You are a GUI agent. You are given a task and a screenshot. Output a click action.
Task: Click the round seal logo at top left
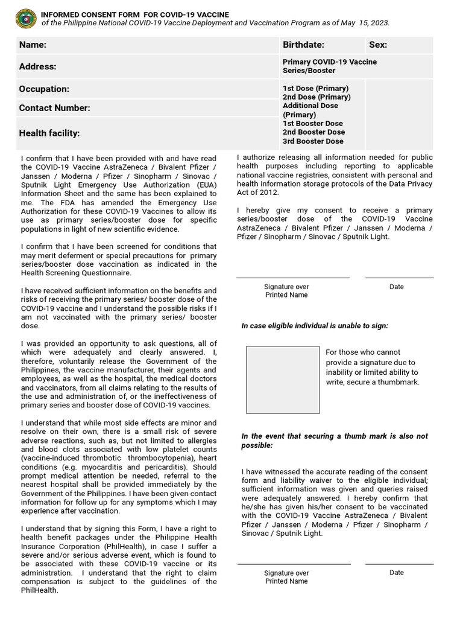(x=25, y=18)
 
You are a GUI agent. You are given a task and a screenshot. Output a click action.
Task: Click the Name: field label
(x=33, y=45)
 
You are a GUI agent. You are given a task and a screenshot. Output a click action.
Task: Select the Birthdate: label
(x=303, y=45)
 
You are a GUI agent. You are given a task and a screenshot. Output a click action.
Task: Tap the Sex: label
(x=378, y=45)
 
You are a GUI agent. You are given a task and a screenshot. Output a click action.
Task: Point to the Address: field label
(x=37, y=66)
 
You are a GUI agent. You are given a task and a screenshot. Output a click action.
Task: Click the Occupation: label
(x=44, y=89)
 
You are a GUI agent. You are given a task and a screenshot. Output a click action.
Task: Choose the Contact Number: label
(x=54, y=108)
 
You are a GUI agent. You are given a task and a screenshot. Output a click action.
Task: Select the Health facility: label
(x=49, y=133)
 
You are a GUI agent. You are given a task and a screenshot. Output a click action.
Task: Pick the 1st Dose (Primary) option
(x=315, y=88)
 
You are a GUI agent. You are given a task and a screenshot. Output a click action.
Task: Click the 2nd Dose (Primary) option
(x=317, y=97)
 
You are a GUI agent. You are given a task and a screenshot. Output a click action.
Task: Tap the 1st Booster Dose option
(x=313, y=123)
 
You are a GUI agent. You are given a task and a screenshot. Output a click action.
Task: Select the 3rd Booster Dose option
(x=313, y=141)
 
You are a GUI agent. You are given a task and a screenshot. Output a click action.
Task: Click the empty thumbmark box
(x=283, y=380)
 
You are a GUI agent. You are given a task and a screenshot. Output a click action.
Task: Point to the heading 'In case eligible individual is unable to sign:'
(x=315, y=326)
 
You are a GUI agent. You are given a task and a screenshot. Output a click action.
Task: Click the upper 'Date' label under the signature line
(x=397, y=287)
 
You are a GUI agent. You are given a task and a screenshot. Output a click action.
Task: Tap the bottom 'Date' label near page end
(x=397, y=572)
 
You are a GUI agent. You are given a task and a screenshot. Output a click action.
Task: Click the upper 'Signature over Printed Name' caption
(x=286, y=291)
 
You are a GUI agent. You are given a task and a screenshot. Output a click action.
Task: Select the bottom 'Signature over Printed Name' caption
(x=286, y=577)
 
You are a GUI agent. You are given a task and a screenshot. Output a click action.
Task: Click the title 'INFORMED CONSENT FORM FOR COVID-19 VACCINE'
(x=126, y=14)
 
